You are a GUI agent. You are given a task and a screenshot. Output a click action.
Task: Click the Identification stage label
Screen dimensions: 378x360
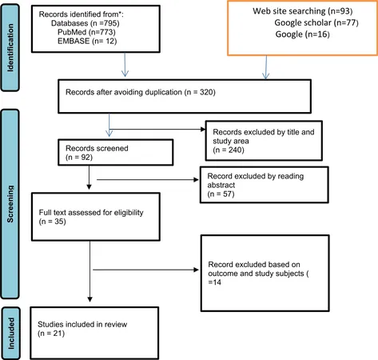10,48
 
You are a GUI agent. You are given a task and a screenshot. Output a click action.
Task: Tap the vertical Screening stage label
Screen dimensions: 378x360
10,204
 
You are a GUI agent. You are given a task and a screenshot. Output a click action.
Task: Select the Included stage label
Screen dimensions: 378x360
10,333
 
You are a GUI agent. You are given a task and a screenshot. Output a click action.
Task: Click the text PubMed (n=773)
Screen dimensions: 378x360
86,32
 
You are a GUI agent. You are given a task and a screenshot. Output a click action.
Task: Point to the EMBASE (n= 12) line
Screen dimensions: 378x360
87,41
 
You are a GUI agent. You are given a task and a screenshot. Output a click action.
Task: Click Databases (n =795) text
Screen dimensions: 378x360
86,23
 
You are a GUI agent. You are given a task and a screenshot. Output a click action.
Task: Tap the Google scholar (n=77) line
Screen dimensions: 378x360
316,22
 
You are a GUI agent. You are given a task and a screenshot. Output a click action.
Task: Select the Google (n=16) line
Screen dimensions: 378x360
302,34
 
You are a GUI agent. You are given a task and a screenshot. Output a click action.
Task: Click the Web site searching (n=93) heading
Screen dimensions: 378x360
303,11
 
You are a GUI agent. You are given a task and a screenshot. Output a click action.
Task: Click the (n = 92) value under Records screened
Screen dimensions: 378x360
79,157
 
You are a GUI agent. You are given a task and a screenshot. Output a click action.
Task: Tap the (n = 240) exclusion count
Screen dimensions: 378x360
229,150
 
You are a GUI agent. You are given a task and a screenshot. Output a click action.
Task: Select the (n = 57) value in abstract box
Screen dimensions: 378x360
221,194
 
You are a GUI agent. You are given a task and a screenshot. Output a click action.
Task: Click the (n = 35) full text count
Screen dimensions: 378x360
53,222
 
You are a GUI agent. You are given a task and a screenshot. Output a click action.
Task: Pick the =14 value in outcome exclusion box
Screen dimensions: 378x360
215,282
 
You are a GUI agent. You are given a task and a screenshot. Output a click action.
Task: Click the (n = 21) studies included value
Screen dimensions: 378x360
51,334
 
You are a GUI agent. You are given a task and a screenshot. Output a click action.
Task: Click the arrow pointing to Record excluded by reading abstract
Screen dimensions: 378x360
148,180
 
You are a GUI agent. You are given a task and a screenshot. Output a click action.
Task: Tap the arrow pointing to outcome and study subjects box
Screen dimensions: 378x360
145,270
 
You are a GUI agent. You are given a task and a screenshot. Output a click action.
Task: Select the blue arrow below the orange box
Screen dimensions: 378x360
266,67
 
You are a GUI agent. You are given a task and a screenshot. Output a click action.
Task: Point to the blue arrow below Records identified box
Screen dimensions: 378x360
125,65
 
